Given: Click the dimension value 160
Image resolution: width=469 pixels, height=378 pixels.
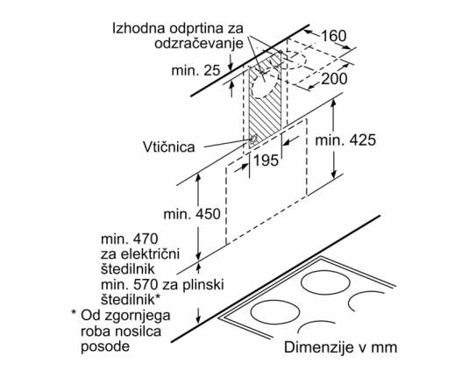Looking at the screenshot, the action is (333, 36).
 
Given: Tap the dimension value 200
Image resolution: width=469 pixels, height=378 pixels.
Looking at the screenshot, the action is (334, 79).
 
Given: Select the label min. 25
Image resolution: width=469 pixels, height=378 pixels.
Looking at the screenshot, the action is (195, 71).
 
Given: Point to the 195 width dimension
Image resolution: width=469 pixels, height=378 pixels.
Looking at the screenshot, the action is (266, 160).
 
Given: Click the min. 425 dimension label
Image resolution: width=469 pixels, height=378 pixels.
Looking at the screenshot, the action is (345, 140).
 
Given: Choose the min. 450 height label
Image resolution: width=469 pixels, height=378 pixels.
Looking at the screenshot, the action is (192, 214).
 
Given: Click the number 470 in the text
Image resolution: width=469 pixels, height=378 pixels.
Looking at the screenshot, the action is (146, 239).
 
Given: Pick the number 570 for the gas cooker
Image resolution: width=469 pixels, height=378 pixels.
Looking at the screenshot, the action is (146, 285).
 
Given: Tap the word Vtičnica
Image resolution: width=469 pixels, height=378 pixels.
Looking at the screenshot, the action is (168, 147).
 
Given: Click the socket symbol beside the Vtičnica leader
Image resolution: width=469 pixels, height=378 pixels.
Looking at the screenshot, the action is (253, 139).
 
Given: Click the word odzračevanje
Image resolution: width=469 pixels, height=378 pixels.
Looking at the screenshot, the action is (199, 44).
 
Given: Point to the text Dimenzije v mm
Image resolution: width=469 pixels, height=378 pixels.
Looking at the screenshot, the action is (341, 347).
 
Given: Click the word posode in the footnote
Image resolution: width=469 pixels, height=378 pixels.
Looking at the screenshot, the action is (105, 346).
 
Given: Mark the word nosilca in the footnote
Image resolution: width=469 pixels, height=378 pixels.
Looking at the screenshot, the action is (140, 331).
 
